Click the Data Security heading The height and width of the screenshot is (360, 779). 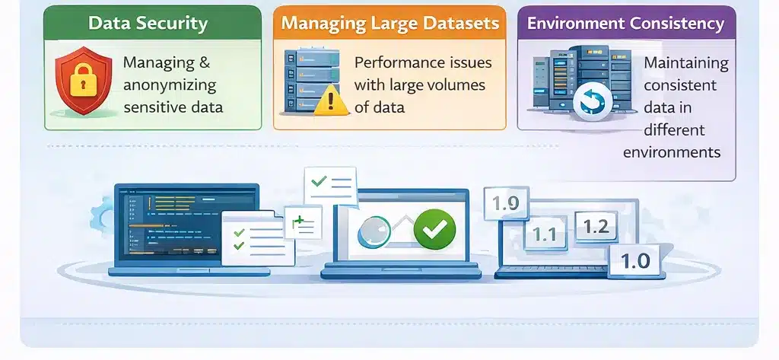point(148,23)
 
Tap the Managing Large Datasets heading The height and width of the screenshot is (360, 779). point(389,23)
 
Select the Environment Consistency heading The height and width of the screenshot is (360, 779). point(625,23)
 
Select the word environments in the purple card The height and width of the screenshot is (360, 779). point(672,152)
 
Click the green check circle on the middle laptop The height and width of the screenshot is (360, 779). point(434,227)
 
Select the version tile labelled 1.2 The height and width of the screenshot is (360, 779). point(596,226)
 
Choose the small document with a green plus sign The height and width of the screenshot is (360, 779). point(303,223)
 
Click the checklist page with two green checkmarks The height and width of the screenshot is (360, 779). point(250,237)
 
